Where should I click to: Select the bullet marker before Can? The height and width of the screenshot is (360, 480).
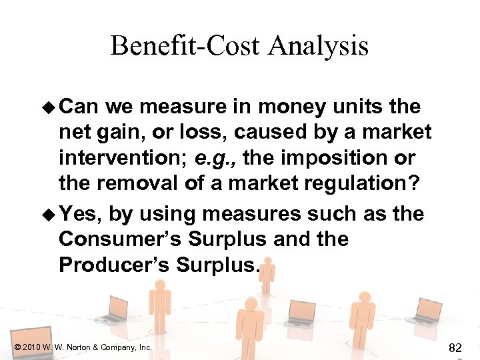point(51,107)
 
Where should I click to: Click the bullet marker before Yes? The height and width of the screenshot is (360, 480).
point(51,214)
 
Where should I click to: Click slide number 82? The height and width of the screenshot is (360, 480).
point(456,347)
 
